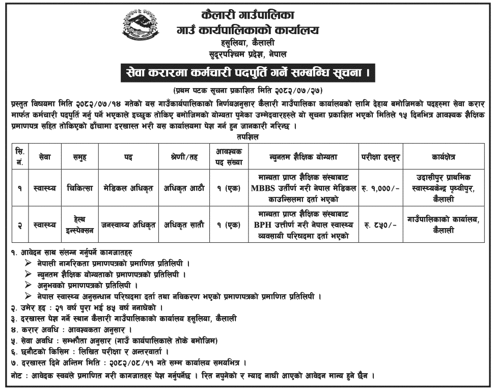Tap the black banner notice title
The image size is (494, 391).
tap(246, 73)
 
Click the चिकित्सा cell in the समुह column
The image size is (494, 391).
tap(79, 188)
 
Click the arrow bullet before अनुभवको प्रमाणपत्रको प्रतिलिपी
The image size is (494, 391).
tap(28, 286)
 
